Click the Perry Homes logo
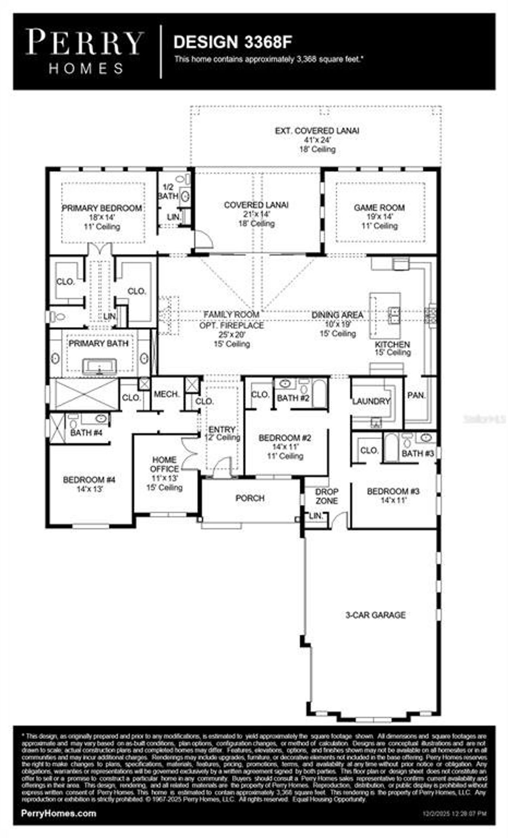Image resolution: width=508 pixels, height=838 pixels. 85,51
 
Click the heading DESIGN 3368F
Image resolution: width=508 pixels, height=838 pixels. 233,42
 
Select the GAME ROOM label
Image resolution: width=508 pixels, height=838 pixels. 379,207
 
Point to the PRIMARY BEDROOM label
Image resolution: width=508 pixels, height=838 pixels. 102,208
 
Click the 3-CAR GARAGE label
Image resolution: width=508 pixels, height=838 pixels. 375,615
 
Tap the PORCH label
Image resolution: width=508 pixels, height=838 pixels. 250,498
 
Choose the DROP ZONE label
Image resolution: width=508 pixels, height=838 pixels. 327,496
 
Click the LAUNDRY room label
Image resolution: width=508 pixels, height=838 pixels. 371,401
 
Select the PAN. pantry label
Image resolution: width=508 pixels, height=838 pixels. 416,396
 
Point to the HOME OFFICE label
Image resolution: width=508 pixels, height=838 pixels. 164,464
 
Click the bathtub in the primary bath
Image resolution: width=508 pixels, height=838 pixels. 99,366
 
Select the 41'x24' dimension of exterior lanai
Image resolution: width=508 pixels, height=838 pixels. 317,140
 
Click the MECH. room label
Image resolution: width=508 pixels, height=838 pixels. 167,394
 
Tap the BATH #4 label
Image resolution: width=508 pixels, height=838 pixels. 86,433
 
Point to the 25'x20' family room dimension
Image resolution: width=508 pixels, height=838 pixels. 232,334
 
